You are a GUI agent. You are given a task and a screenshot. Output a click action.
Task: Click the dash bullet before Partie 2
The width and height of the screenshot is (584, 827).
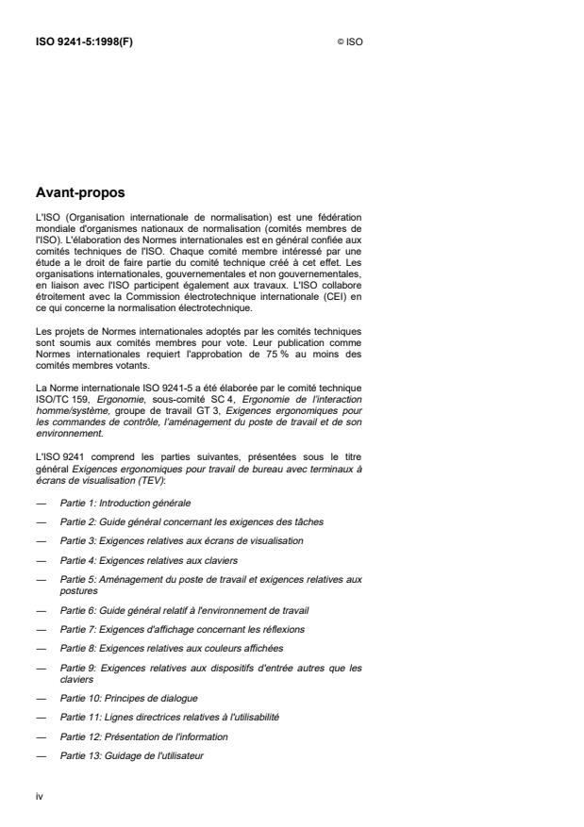pos(40,521)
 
